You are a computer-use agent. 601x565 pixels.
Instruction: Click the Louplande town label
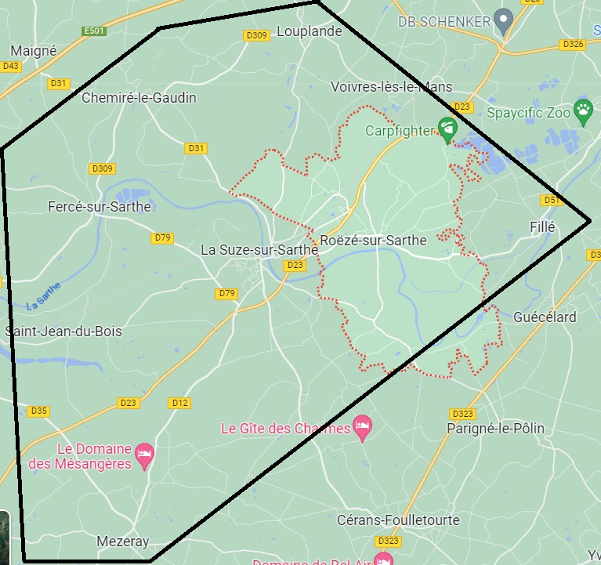click(314, 31)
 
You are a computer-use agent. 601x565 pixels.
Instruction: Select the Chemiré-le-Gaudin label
click(139, 98)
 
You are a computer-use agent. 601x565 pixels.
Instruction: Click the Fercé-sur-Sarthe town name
click(100, 207)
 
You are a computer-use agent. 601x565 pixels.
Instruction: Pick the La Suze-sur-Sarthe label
click(259, 250)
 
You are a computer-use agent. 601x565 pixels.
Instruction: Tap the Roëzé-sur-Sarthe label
click(374, 240)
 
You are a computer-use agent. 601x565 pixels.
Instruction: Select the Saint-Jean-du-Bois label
click(63, 331)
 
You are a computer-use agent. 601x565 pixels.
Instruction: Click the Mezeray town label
click(122, 541)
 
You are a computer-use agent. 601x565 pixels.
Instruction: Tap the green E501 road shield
click(95, 31)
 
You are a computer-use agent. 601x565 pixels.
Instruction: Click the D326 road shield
click(573, 45)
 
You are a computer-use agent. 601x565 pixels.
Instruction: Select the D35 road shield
click(38, 411)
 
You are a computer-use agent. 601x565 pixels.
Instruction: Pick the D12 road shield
click(179, 403)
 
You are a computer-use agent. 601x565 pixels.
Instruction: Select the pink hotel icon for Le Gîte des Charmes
click(362, 427)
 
